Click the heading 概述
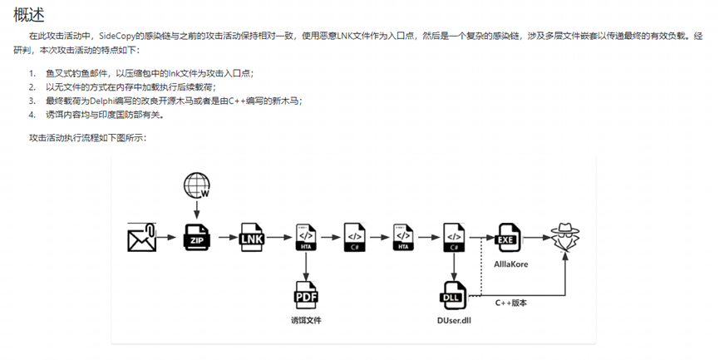pyautogui.click(x=29, y=14)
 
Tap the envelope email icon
pyautogui.click(x=142, y=238)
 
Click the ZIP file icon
pyautogui.click(x=197, y=238)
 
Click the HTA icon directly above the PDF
pyautogui.click(x=306, y=238)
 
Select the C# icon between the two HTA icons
pyautogui.click(x=355, y=238)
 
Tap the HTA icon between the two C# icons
pyautogui.click(x=404, y=238)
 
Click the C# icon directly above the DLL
pyautogui.click(x=454, y=238)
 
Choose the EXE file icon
pyautogui.click(x=506, y=238)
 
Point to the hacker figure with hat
pyautogui.click(x=564, y=238)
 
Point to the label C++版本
pyautogui.click(x=510, y=303)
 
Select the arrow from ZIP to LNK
pyautogui.click(x=225, y=239)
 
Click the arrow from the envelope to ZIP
pyautogui.click(x=170, y=239)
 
